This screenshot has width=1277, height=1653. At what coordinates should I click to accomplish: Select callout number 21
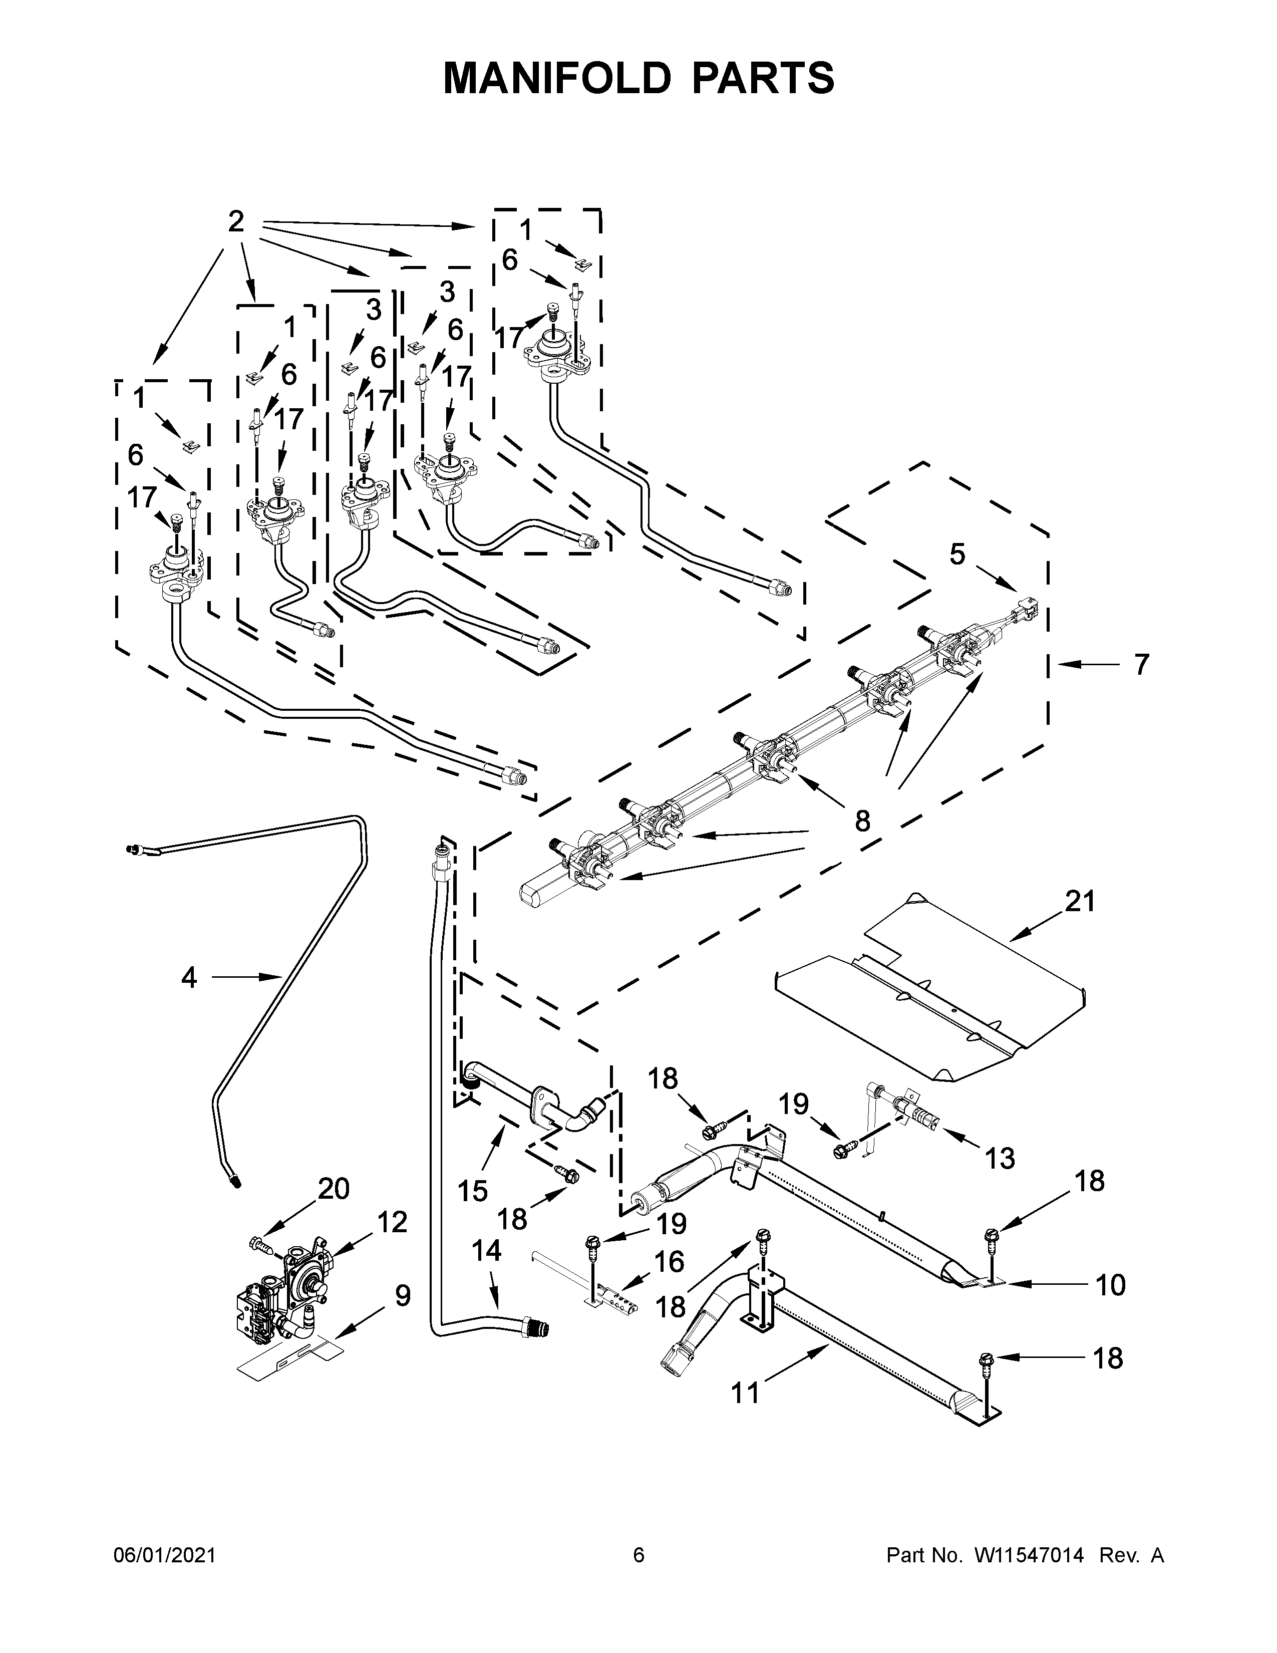[x=1080, y=902]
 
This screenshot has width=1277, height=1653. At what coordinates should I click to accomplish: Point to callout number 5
[x=957, y=555]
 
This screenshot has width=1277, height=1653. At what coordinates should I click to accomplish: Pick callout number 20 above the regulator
[x=333, y=1189]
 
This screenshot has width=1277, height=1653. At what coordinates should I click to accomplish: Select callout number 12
[x=392, y=1222]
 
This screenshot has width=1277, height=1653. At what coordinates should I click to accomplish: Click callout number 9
[x=403, y=1296]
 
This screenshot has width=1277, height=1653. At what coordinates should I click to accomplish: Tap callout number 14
[x=486, y=1251]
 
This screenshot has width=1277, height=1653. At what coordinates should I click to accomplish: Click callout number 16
[x=669, y=1262]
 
